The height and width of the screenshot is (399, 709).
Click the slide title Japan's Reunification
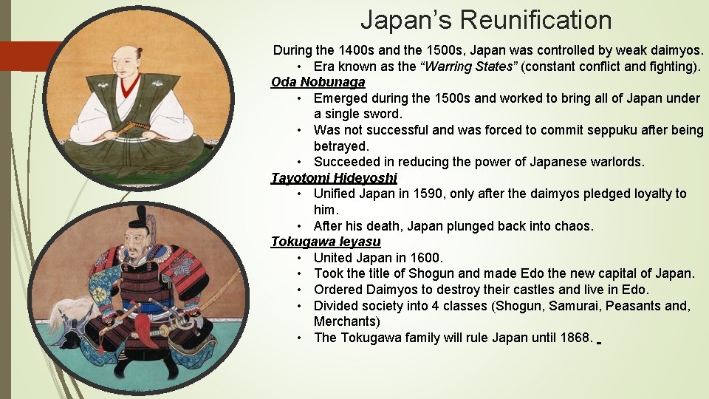click(486, 20)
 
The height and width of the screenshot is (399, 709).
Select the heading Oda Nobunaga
click(318, 82)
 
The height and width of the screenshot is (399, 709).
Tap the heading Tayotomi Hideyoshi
click(334, 178)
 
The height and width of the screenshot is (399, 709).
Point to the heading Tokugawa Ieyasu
click(326, 242)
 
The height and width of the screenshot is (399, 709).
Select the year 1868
click(574, 338)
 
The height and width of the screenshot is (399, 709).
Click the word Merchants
click(344, 321)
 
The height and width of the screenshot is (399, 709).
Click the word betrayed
click(340, 146)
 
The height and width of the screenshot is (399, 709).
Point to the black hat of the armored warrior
click(137, 215)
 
